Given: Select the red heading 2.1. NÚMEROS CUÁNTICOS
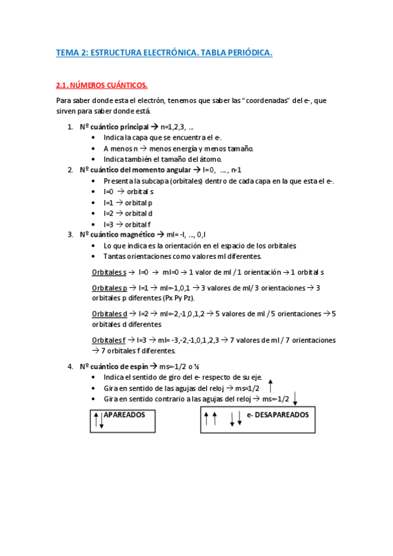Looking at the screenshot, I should [102, 85].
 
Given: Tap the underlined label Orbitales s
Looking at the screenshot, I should [108, 271].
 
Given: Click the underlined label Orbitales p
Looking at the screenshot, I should [108, 288].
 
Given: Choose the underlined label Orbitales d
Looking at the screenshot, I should [109, 314].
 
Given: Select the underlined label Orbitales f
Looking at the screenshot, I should [108, 340].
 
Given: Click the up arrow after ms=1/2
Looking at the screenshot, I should [270, 386].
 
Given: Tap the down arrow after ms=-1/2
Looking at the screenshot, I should [295, 397].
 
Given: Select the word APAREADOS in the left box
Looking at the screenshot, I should [124, 415].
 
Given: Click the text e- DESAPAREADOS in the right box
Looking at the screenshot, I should [278, 415].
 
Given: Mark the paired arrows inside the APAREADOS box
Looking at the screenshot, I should [98, 420].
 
